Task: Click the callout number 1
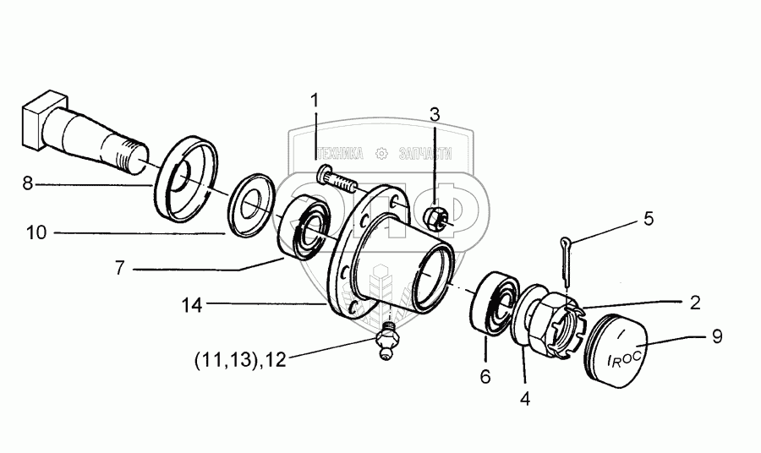point(315,101)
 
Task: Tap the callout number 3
point(434,114)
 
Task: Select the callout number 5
point(648,220)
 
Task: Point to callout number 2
point(694,303)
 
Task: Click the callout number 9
point(716,336)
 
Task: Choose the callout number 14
point(194,305)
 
